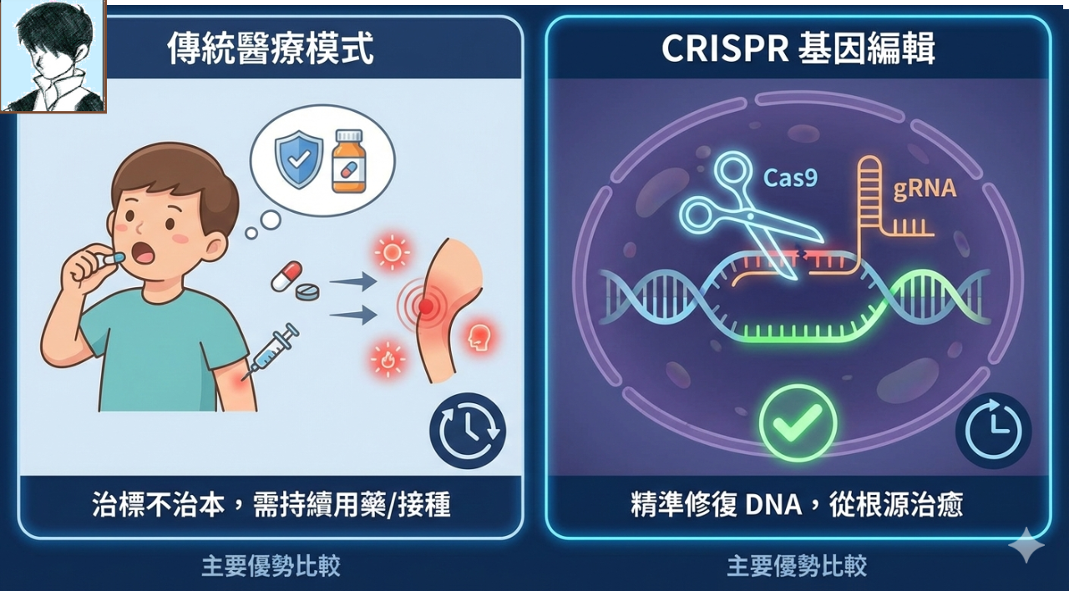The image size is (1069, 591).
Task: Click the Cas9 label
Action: click(790, 178)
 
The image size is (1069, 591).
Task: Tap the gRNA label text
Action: click(925, 189)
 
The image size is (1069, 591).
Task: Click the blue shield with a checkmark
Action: click(299, 159)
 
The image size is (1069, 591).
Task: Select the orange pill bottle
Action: click(349, 161)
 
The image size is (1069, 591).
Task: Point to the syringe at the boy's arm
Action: click(271, 351)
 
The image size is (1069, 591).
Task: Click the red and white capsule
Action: click(286, 275)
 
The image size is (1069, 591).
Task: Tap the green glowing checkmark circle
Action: click(798, 423)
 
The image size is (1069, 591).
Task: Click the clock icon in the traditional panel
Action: click(468, 430)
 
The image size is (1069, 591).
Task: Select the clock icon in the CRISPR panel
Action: click(994, 430)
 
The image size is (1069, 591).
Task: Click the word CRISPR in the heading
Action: click(725, 48)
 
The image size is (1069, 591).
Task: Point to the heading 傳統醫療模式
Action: click(271, 48)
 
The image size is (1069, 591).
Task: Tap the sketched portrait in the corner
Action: click(53, 56)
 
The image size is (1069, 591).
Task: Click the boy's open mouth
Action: click(144, 253)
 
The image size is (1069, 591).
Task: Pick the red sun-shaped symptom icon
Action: click(392, 252)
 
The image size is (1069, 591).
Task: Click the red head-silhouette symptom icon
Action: click(479, 336)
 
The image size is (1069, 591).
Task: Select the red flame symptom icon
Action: click(387, 359)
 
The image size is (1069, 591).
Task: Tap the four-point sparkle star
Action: click(1026, 546)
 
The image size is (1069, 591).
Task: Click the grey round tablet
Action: click(308, 291)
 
